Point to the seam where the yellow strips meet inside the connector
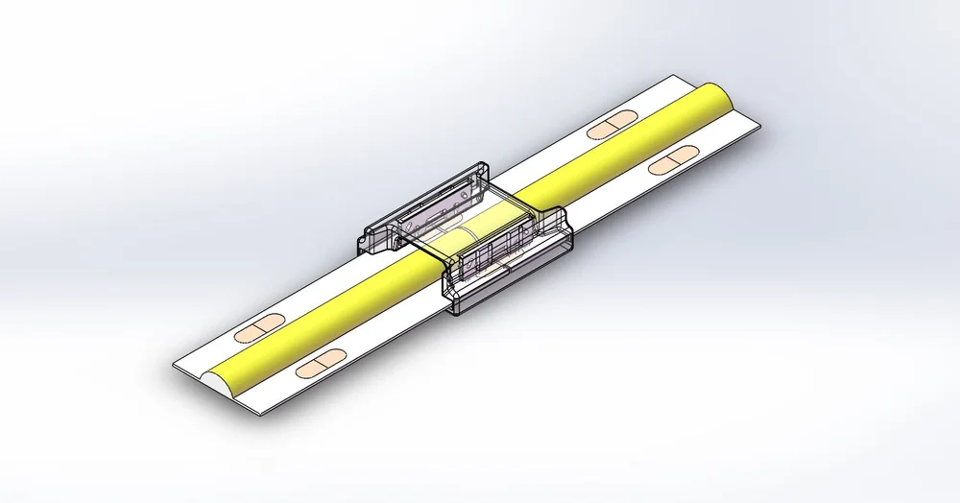[x=458, y=237]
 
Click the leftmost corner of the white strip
[x=175, y=366]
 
